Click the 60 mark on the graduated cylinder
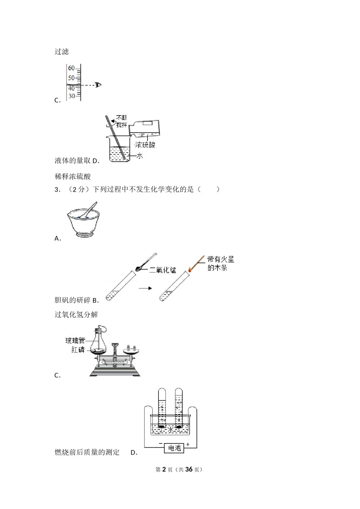pos(71,68)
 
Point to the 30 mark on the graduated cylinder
pos(72,96)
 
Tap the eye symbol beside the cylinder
pos(98,85)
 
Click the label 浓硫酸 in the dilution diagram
pos(145,145)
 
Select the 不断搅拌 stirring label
pos(122,121)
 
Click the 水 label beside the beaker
pos(139,156)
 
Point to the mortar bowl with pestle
pos(83,220)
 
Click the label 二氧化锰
pos(163,270)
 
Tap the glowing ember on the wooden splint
pos(189,270)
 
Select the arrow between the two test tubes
pos(145,288)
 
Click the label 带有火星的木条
pos(221,263)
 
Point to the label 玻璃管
pos(75,340)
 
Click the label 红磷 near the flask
pos(78,350)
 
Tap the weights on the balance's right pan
pos(131,347)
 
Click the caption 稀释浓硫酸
pos(72,176)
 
